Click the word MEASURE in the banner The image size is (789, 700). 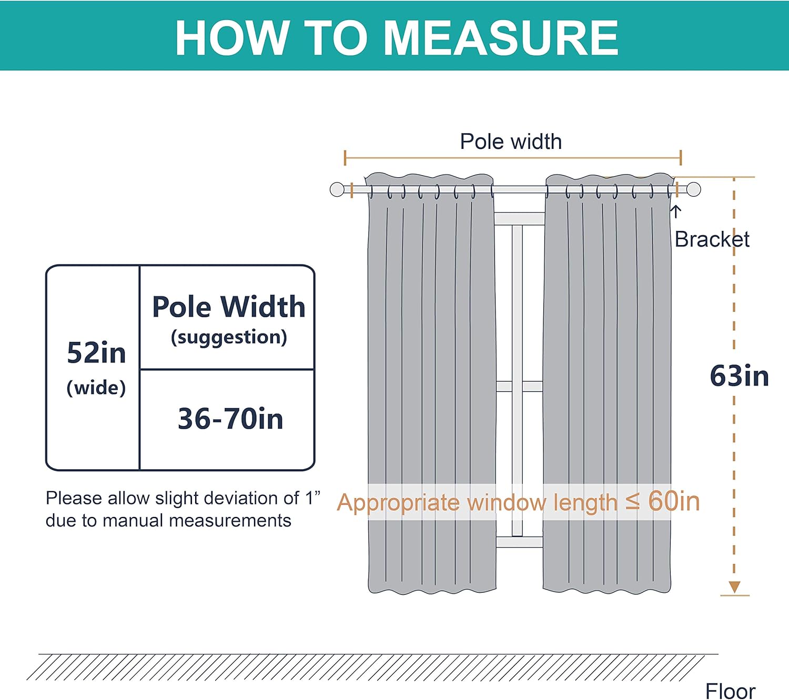(x=501, y=38)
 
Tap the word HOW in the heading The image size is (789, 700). (x=231, y=38)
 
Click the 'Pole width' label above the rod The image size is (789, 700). (x=511, y=141)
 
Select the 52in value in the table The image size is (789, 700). (x=96, y=353)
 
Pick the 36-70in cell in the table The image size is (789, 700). (x=230, y=419)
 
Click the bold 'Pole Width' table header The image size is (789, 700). (x=228, y=307)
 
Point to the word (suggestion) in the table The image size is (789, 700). (x=229, y=337)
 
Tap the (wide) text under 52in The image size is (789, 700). (x=96, y=388)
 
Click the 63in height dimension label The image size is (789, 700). (x=739, y=377)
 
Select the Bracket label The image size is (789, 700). (x=712, y=240)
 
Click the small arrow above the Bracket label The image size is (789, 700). (x=676, y=211)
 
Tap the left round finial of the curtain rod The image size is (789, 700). (x=337, y=189)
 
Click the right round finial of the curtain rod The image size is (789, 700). (x=694, y=189)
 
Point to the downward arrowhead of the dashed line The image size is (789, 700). (x=734, y=587)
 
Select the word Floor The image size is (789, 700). (x=730, y=691)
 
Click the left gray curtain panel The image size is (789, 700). (x=431, y=368)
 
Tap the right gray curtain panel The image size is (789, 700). (x=608, y=368)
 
